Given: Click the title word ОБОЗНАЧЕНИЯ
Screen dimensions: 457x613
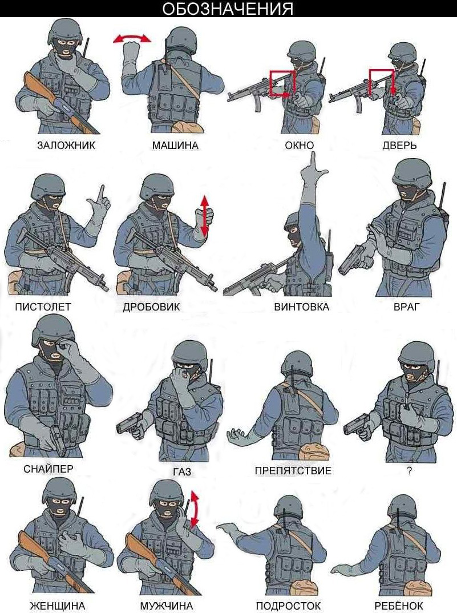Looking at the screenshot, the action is click(228, 9).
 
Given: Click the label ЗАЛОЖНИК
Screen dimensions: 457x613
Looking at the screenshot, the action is click(66, 146).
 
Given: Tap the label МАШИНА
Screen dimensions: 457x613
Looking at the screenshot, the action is click(175, 146).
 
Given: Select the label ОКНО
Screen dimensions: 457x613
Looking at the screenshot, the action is click(299, 146).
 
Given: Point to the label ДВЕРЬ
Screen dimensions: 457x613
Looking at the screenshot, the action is click(399, 146).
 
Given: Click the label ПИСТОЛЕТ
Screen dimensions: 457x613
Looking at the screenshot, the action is click(43, 307).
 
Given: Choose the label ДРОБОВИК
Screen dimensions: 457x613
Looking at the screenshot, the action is click(151, 307).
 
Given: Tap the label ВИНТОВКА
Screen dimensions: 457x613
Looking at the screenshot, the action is click(301, 307).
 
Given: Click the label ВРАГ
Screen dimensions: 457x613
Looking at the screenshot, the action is click(406, 307).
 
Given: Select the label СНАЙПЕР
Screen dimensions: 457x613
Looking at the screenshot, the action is click(48, 469).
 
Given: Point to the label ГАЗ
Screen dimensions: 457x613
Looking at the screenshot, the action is click(182, 472).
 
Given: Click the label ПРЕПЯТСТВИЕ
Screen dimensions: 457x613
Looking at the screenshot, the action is click(293, 470).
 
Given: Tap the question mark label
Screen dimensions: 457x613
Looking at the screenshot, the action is click(409, 471).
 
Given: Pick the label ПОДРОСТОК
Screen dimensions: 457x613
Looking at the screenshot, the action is click(288, 606).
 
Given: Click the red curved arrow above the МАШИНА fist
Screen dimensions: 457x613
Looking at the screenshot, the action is click(132, 38).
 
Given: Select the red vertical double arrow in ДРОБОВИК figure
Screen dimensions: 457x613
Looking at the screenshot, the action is click(204, 216).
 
